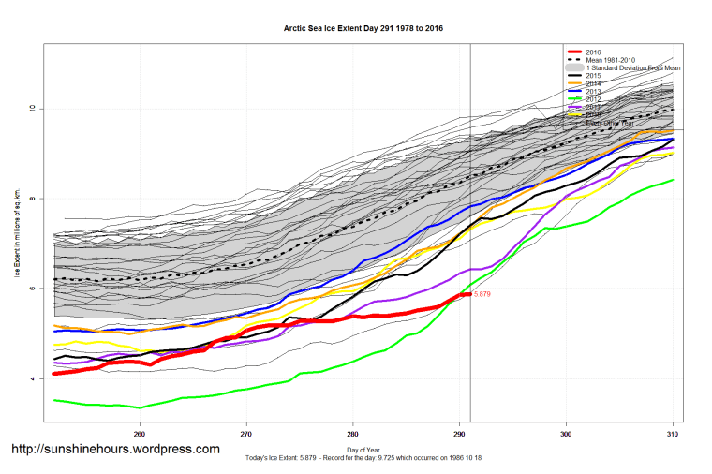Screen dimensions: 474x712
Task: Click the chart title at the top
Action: [x=363, y=28]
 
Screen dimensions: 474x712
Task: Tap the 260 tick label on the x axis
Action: [x=140, y=434]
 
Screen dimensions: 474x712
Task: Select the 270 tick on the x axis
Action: [x=246, y=434]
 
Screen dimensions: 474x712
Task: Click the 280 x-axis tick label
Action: [x=352, y=434]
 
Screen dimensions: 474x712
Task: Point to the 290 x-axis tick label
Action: [x=459, y=434]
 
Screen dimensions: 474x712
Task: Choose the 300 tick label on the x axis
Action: [x=566, y=434]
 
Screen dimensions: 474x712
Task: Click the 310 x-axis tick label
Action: [x=672, y=434]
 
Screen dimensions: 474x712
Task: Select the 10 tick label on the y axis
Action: [x=31, y=108]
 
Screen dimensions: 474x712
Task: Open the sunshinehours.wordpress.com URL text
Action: [x=115, y=450]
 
